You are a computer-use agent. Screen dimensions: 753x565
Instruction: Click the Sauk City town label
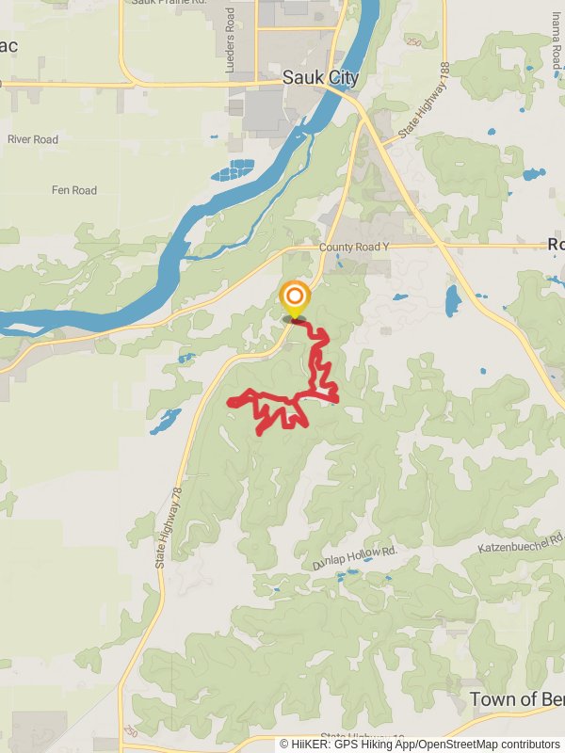(321, 79)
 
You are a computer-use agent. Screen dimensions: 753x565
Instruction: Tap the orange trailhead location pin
(295, 298)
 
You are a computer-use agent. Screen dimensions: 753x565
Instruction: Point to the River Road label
(33, 139)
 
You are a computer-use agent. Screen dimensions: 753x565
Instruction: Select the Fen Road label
(73, 191)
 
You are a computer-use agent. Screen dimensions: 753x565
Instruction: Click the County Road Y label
(354, 248)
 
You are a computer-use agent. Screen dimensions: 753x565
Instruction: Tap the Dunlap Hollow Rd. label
(356, 557)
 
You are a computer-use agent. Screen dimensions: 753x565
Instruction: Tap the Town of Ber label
(516, 699)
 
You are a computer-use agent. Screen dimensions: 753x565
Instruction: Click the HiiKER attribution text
(419, 744)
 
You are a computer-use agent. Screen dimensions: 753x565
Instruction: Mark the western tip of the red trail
(229, 403)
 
